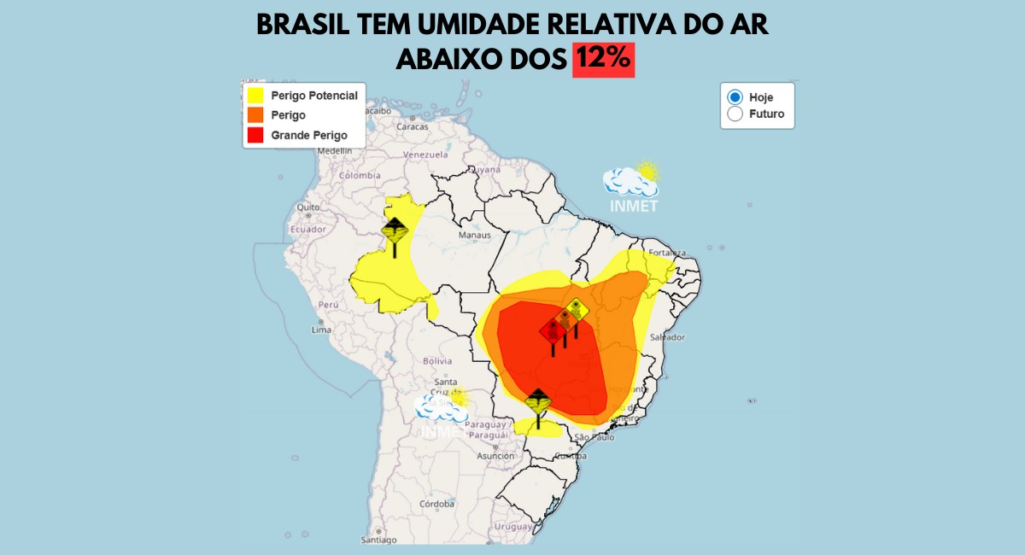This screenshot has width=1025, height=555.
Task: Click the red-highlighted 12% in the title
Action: coord(603,58)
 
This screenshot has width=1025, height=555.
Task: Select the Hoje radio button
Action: coord(735,96)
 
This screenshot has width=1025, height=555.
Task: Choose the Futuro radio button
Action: coord(735,114)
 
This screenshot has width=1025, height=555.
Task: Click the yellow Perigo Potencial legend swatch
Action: coord(255,96)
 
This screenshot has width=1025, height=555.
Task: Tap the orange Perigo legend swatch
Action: coord(255,115)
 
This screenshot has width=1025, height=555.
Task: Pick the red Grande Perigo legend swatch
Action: coord(255,135)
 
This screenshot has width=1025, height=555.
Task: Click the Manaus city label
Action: coord(475,235)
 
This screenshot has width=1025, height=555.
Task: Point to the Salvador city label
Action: coord(666,337)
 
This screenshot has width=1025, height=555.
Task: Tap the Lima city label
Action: coord(321,330)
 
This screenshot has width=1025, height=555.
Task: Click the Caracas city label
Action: coord(412,126)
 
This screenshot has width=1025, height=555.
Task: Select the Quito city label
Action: coord(307,207)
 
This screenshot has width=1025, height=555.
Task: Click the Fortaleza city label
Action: coord(667,253)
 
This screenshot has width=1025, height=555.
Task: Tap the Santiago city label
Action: coord(379,540)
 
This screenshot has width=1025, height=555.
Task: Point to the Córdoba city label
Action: coord(437,503)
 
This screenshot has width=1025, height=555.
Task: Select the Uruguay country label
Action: coord(512,527)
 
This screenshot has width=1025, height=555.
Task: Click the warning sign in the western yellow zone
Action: coord(395,232)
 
